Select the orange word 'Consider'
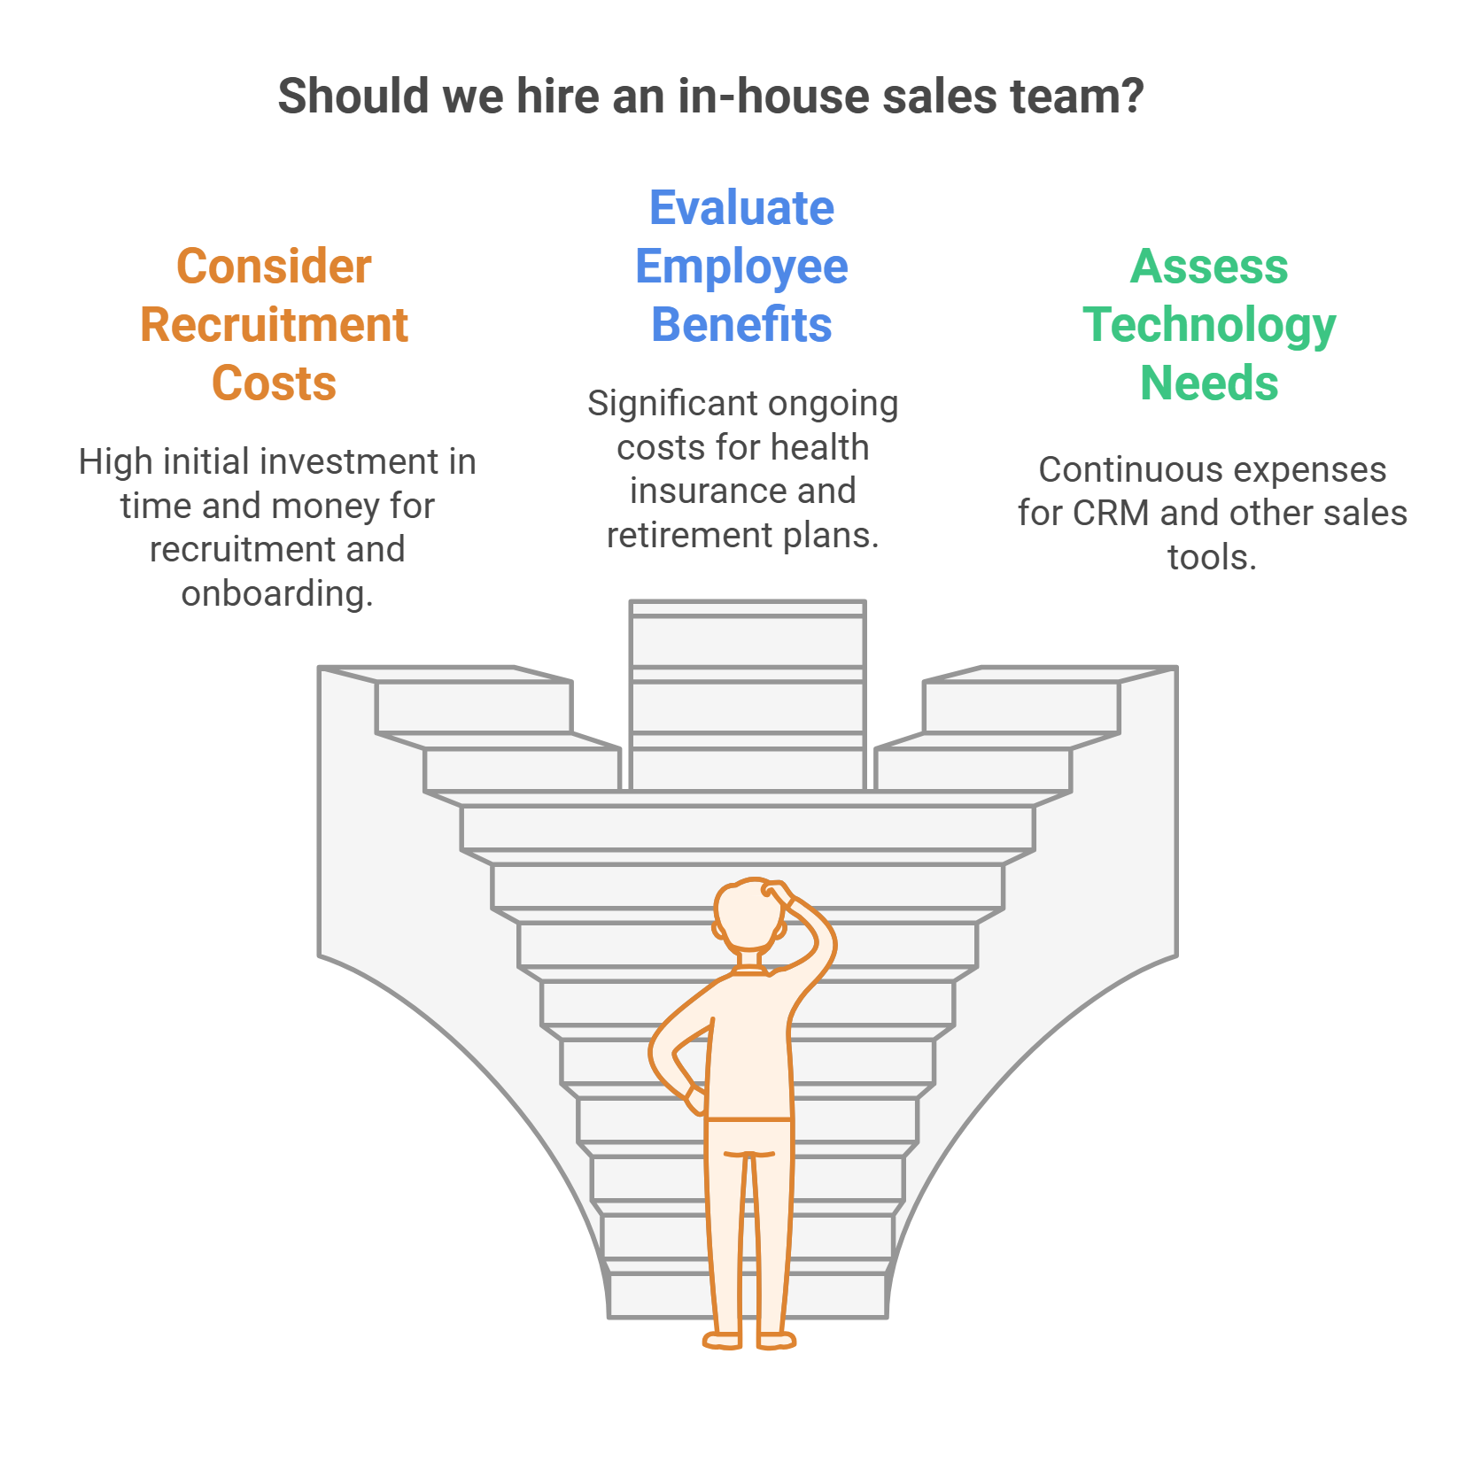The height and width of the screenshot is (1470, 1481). coord(274,267)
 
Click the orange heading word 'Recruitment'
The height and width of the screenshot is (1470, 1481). coord(274,325)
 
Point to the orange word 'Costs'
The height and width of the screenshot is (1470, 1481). coord(274,383)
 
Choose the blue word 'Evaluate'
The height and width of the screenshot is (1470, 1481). coord(741,208)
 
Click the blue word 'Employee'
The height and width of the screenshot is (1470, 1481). coord(741,268)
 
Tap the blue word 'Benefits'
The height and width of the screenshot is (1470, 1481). coord(741,325)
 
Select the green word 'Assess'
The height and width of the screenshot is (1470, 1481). coord(1209,267)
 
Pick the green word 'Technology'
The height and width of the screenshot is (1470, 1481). coord(1209,327)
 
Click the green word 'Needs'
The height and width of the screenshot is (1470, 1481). coord(1209,383)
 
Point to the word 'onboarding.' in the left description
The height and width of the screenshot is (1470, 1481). coord(277,594)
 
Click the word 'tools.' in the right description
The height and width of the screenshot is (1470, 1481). coord(1212,557)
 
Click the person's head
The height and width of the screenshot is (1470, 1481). coord(749,916)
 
